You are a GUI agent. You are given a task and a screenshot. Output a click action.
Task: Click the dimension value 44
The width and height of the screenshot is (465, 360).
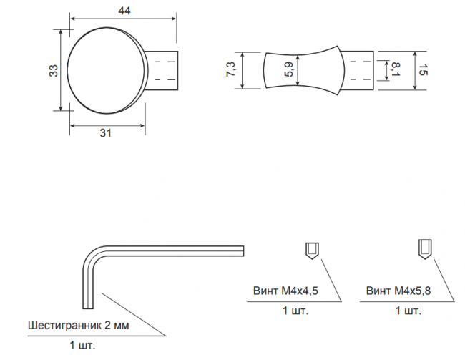[124, 11]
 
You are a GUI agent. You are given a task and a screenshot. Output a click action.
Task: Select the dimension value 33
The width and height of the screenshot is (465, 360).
[54, 70]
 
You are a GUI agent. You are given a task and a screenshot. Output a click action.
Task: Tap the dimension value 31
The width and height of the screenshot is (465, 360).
[106, 133]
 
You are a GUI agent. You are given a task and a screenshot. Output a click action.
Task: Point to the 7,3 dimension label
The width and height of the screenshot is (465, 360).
[231, 69]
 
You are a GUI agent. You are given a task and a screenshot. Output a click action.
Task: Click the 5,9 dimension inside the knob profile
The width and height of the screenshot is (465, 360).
[289, 69]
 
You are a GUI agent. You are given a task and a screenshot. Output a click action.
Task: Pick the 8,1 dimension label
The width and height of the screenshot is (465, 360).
[396, 69]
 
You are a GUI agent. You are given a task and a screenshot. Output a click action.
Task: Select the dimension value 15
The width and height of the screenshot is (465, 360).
[424, 70]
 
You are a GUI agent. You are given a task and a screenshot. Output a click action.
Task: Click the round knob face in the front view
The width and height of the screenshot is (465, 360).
[106, 71]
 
